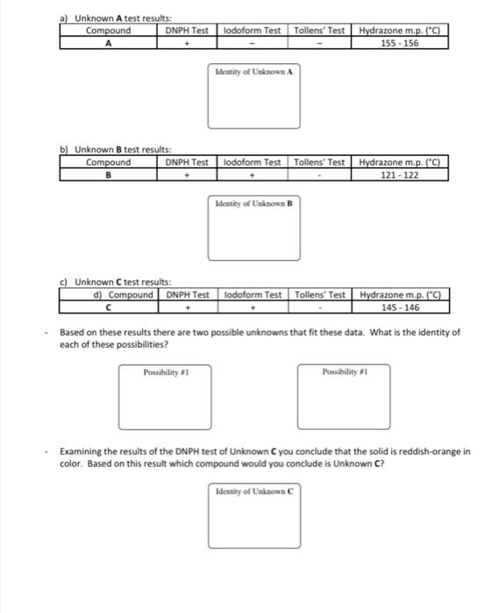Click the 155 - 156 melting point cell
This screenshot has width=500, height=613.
pos(398,41)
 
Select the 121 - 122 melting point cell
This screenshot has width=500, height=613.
pos(399,174)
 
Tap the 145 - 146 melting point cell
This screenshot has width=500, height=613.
pos(400,307)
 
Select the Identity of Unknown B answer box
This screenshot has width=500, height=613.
pos(254,229)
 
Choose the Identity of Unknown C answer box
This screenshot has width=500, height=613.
pos(254,516)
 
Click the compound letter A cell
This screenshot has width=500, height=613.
pos(108,41)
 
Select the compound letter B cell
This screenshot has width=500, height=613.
pos(108,174)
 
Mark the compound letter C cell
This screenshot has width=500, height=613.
pos(108,307)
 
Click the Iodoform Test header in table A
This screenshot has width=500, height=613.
pos(253,31)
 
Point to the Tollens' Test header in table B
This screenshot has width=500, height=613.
pos(321,162)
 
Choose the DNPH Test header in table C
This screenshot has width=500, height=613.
pos(188,294)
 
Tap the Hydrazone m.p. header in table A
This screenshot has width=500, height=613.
pos(398,31)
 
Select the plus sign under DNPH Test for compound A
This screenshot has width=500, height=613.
pos(188,41)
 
